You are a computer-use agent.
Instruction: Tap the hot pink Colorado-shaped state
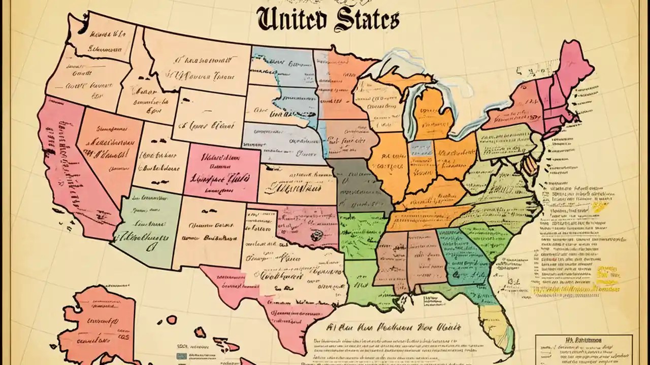(222, 171)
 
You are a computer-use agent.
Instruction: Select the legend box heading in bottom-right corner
(584, 341)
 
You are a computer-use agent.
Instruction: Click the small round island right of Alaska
(172, 320)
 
